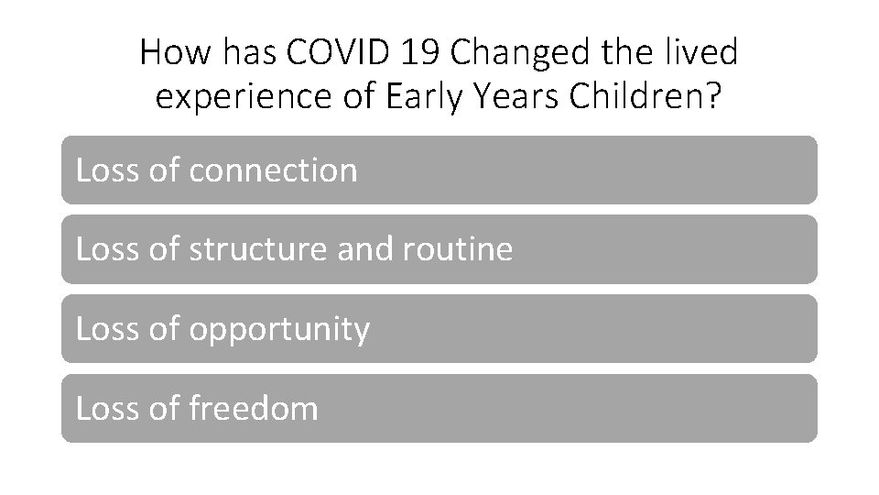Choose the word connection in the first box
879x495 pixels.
pyautogui.click(x=273, y=170)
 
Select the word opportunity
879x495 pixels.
pyautogui.click(x=279, y=329)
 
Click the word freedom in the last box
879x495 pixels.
pyautogui.click(x=254, y=408)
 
